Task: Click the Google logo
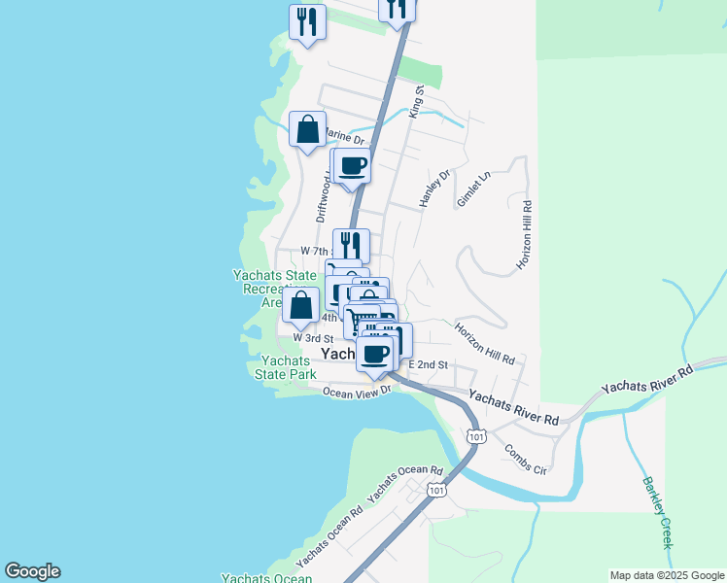32,571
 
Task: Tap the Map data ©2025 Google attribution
667,575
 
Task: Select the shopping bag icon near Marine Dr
307,129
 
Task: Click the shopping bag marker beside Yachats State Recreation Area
301,305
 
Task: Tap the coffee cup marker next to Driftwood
353,166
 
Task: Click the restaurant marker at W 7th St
351,245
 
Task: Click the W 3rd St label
314,337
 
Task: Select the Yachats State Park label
285,367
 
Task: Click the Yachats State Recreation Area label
258,289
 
